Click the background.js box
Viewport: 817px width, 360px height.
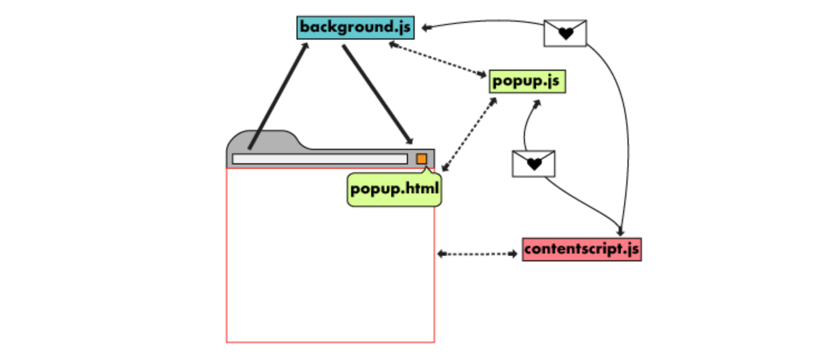355,27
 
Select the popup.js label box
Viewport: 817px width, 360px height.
527,81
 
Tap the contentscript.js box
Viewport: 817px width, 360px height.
581,249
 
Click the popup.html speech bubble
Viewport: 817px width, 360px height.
395,190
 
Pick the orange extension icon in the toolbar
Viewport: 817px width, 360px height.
422,159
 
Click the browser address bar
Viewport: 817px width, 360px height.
319,159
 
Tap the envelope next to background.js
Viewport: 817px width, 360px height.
565,33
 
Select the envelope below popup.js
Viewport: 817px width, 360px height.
533,163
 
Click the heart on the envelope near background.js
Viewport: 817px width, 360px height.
566,34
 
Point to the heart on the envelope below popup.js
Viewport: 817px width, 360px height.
534,164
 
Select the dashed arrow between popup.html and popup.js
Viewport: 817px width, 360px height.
469,134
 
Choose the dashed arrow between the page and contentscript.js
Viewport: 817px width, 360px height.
477,254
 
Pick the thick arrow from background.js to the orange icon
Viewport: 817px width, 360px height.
377,95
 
